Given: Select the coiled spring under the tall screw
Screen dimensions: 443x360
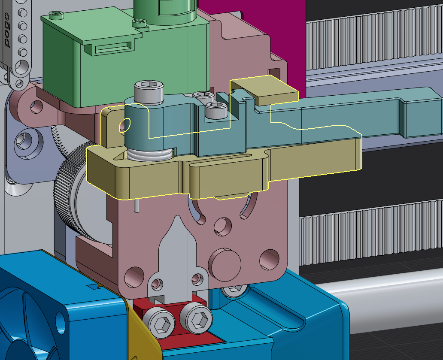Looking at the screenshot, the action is pos(149,155).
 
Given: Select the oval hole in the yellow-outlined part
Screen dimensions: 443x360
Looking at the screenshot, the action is pos(125,125).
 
